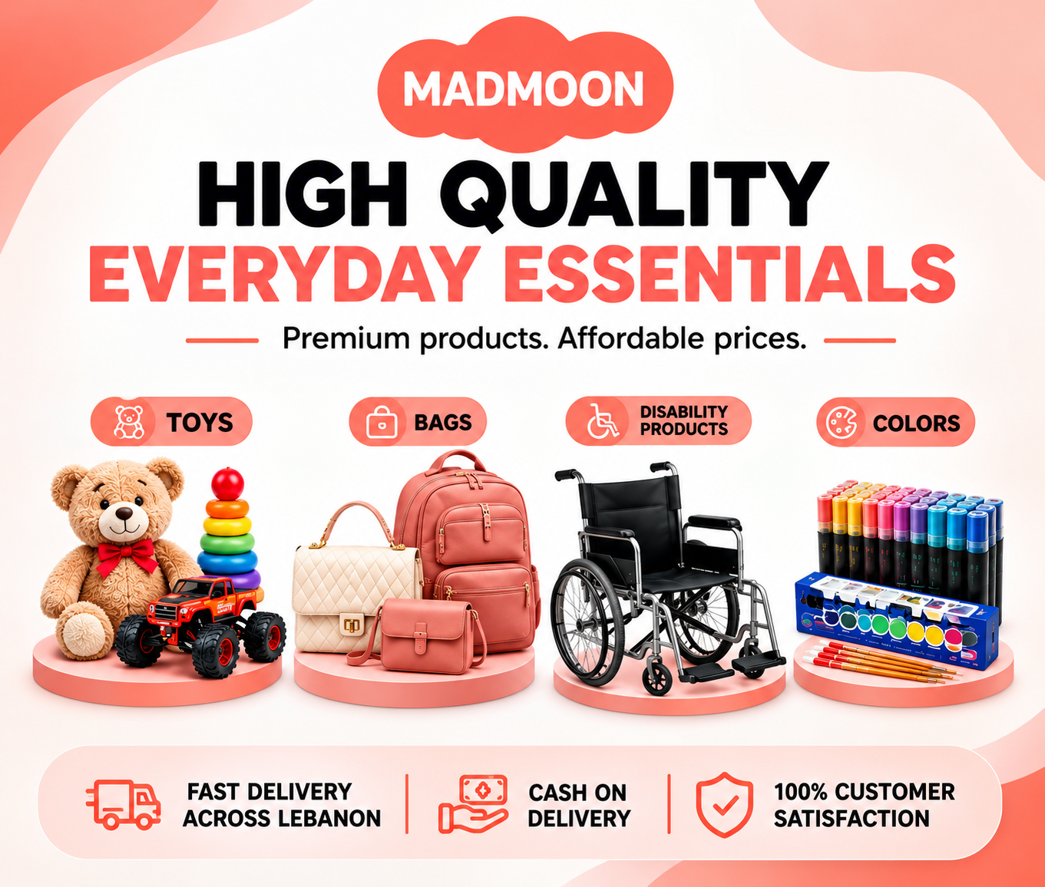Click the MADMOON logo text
(x=523, y=89)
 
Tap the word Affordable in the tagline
(x=630, y=338)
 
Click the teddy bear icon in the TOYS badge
(x=129, y=422)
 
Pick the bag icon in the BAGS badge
(x=382, y=422)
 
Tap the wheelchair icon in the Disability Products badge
(x=603, y=420)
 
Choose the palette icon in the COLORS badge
(x=842, y=422)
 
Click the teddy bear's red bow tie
(x=125, y=556)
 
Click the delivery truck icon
(x=124, y=804)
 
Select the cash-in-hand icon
(x=473, y=804)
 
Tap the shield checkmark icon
(x=725, y=805)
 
